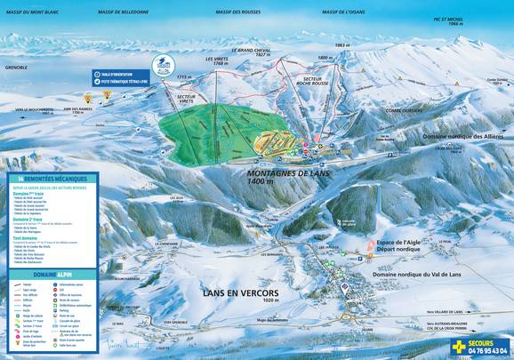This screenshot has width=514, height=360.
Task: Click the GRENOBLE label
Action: pos(16,65)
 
